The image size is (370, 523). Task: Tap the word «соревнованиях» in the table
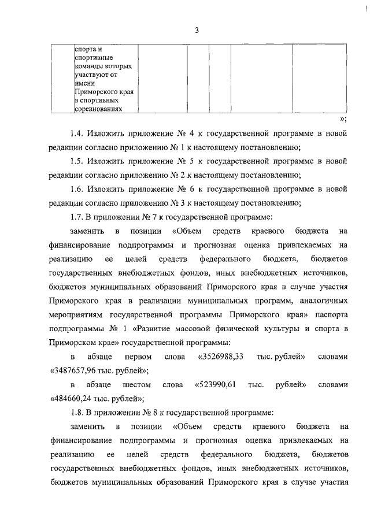(98, 107)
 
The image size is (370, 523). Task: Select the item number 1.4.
(78, 134)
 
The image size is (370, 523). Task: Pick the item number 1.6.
(78, 189)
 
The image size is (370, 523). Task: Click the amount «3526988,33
(221, 356)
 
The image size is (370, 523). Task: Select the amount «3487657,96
(76, 370)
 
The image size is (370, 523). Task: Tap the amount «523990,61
(215, 384)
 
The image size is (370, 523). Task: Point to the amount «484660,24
(75, 398)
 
